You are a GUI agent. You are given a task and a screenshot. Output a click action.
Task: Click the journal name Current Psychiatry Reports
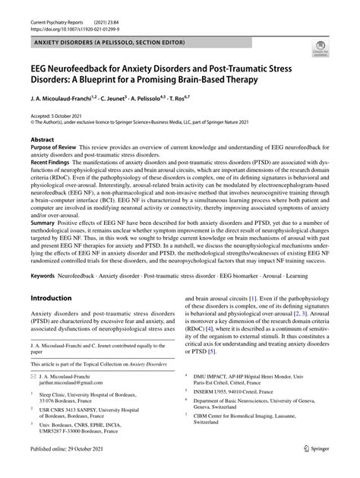coord(56,8)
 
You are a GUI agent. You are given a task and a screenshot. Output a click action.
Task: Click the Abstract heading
coord(43,141)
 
